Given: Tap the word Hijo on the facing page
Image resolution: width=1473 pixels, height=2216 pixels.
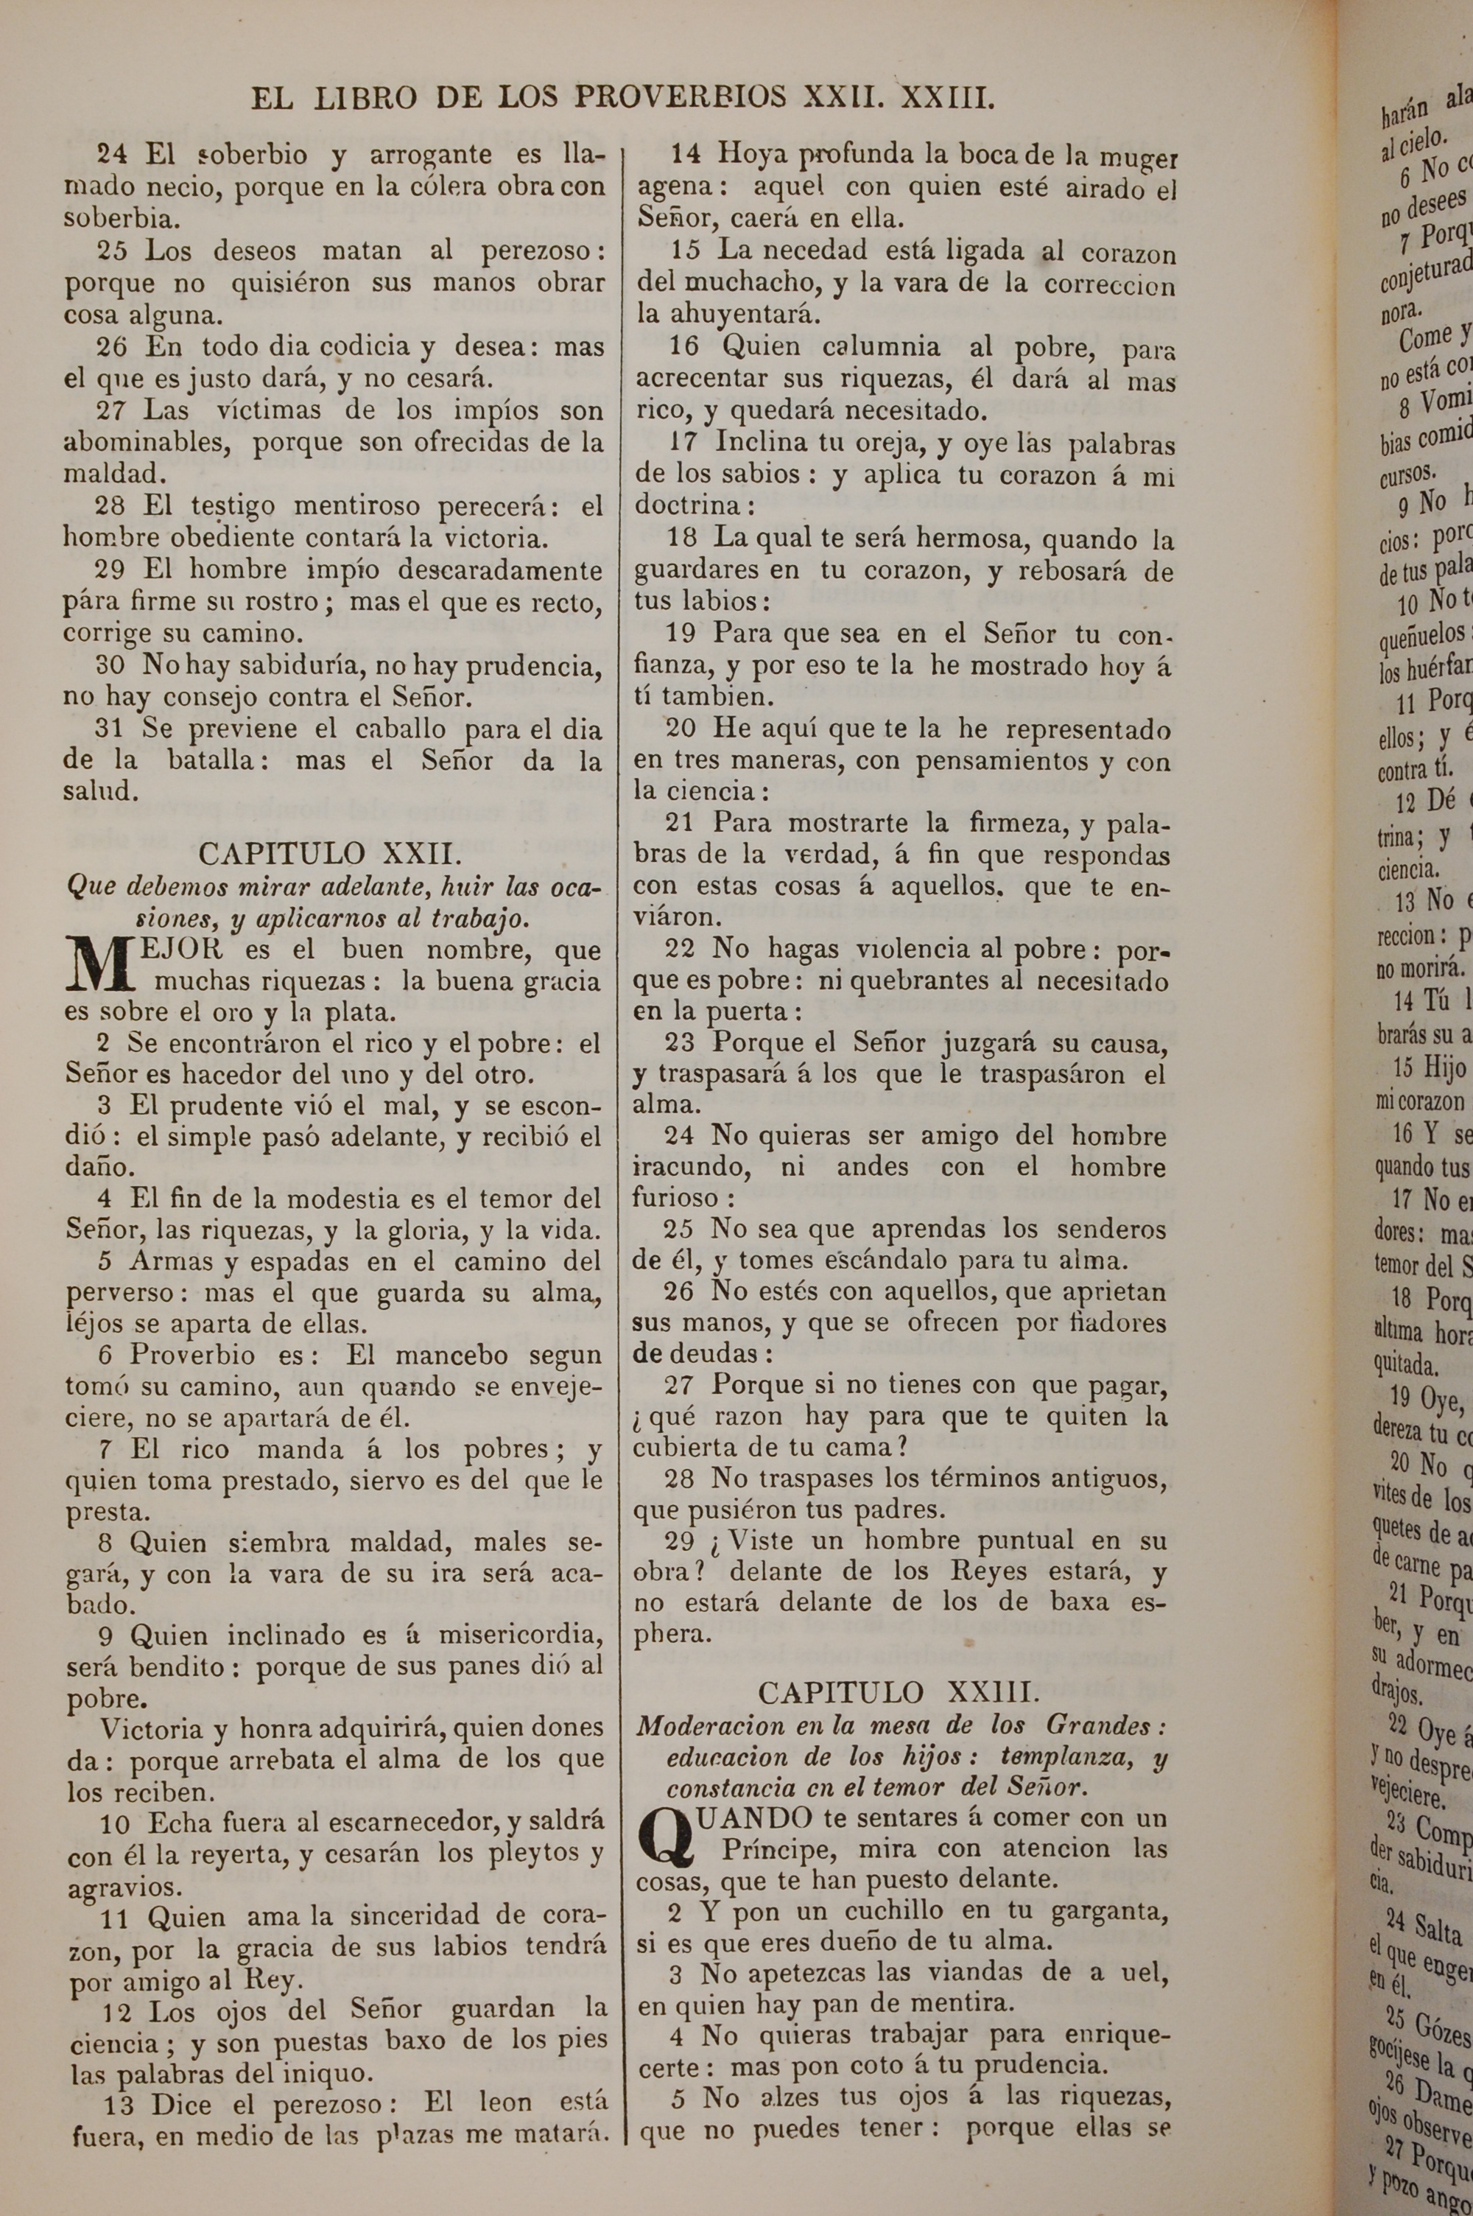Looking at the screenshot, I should pos(1444,1068).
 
